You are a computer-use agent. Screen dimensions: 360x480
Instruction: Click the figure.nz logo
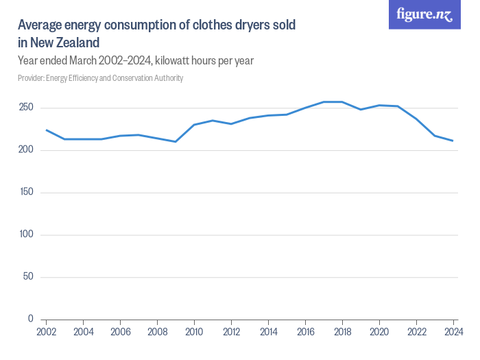[x=424, y=14]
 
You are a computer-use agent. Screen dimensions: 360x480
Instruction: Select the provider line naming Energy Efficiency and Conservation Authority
[x=100, y=78]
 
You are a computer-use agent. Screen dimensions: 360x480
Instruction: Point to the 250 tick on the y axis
[x=26, y=108]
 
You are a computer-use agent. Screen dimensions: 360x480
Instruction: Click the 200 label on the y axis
[x=26, y=150]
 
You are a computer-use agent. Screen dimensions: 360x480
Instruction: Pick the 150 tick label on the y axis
[x=26, y=193]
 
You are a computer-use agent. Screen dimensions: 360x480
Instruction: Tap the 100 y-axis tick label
[x=26, y=235]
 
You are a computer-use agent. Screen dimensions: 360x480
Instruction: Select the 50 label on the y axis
[x=27, y=277]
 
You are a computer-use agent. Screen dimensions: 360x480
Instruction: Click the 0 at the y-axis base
[x=30, y=319]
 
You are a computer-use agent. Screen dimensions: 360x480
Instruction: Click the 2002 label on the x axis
[x=46, y=332]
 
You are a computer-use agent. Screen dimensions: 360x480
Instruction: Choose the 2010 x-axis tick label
[x=194, y=332]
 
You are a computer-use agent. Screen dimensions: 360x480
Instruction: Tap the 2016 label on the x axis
[x=305, y=332]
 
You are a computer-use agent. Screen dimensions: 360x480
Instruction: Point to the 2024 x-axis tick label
[x=453, y=332]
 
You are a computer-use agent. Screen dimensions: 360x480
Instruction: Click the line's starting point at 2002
[x=46, y=130]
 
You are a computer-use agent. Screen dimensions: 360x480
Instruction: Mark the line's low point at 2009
[x=176, y=142]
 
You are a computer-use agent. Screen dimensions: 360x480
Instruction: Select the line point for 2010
[x=194, y=125]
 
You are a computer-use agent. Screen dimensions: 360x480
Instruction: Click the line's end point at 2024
[x=453, y=141]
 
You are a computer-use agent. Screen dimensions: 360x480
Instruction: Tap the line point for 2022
[x=416, y=119]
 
